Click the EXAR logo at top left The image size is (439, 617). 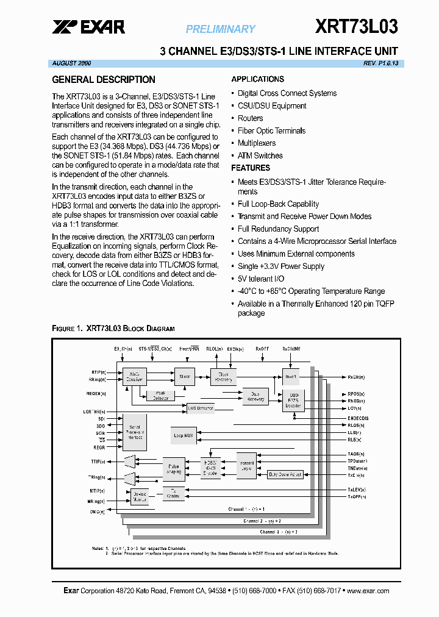click(88, 26)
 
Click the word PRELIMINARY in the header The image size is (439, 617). click(220, 29)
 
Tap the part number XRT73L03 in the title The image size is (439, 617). click(357, 26)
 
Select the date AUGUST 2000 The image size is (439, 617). click(71, 63)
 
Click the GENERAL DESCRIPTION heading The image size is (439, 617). click(104, 79)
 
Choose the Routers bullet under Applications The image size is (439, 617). click(250, 118)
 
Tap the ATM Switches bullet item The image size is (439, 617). click(260, 155)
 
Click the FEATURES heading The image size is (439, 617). click(251, 168)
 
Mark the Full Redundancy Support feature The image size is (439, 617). click(278, 229)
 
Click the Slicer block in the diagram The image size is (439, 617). click(184, 377)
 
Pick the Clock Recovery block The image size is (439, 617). click(223, 377)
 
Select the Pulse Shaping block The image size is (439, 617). click(174, 469)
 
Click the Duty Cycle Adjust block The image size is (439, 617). click(284, 474)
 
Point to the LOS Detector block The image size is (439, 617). click(201, 408)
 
